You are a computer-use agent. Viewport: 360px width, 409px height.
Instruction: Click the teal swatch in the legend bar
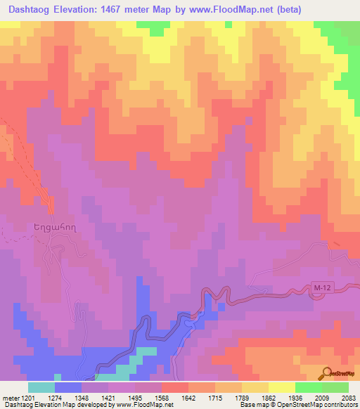pyautogui.click(x=41, y=387)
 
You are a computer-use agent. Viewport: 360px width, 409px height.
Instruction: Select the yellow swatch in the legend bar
pyautogui.click(x=282, y=387)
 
